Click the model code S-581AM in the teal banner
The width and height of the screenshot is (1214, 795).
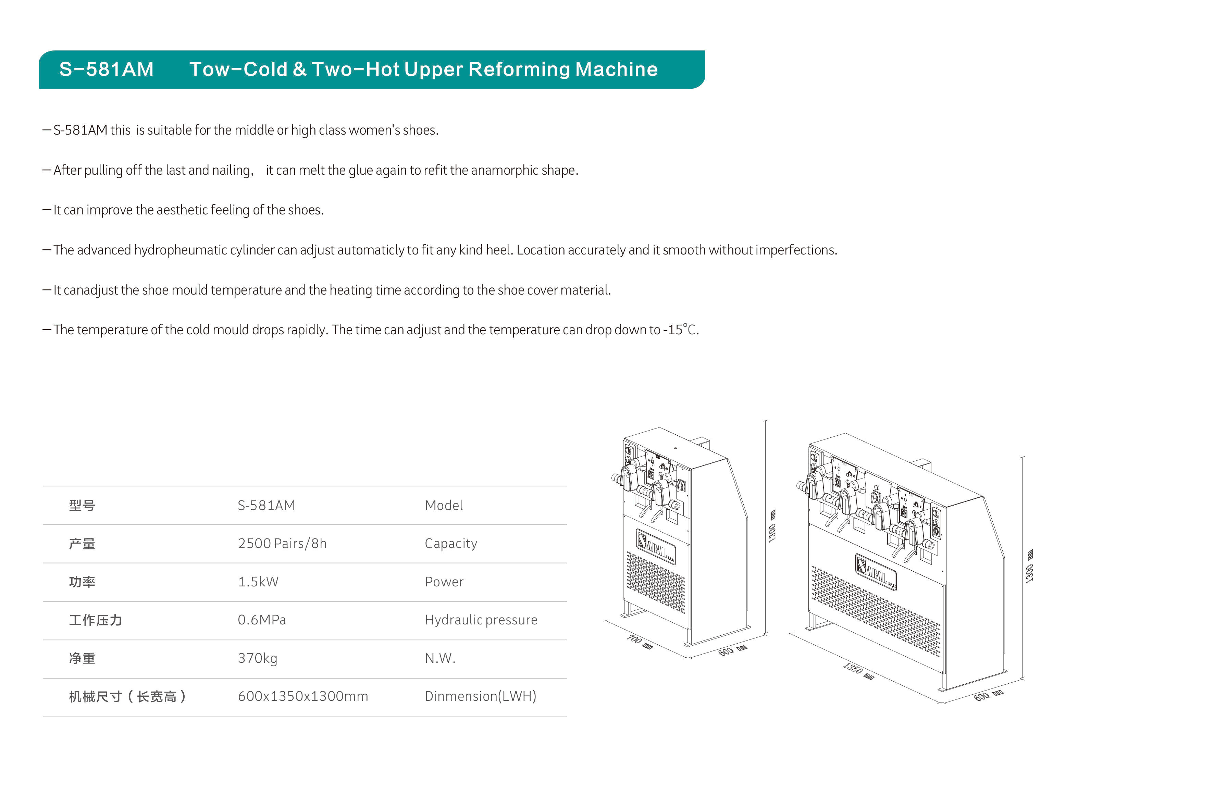106,69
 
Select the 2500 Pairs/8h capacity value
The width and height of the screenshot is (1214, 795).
282,544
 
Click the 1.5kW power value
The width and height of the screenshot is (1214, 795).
258,582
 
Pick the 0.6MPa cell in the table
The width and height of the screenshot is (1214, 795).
262,620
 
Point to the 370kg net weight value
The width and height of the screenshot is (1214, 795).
258,658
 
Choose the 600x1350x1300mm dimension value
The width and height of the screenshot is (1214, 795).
302,697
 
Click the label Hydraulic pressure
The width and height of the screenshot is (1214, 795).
481,620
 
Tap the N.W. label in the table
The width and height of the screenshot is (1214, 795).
440,658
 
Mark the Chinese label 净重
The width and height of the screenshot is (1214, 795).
82,659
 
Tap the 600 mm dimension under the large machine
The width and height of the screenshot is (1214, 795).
988,696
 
